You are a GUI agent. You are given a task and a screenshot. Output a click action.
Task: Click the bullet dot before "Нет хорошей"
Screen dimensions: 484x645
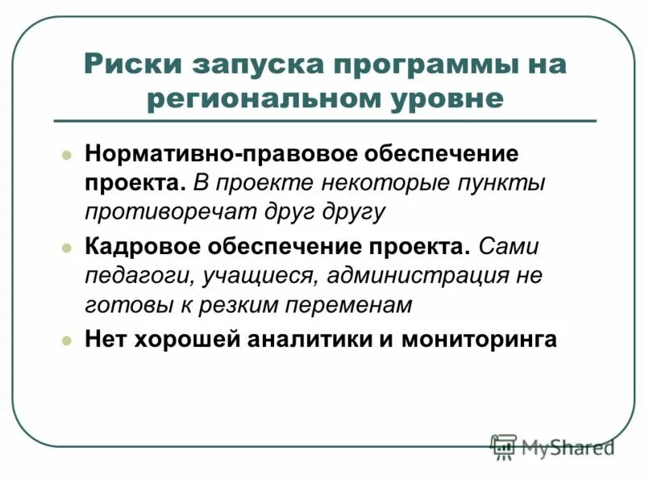click(68, 340)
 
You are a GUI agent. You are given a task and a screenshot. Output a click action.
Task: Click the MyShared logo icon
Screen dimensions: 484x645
click(504, 446)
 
